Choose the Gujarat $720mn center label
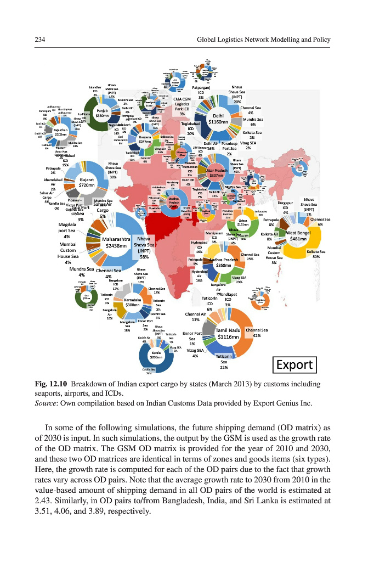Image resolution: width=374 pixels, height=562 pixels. tap(87, 182)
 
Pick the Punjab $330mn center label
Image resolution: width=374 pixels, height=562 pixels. tap(102, 113)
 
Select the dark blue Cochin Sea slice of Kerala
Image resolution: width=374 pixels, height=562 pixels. tap(144, 364)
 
